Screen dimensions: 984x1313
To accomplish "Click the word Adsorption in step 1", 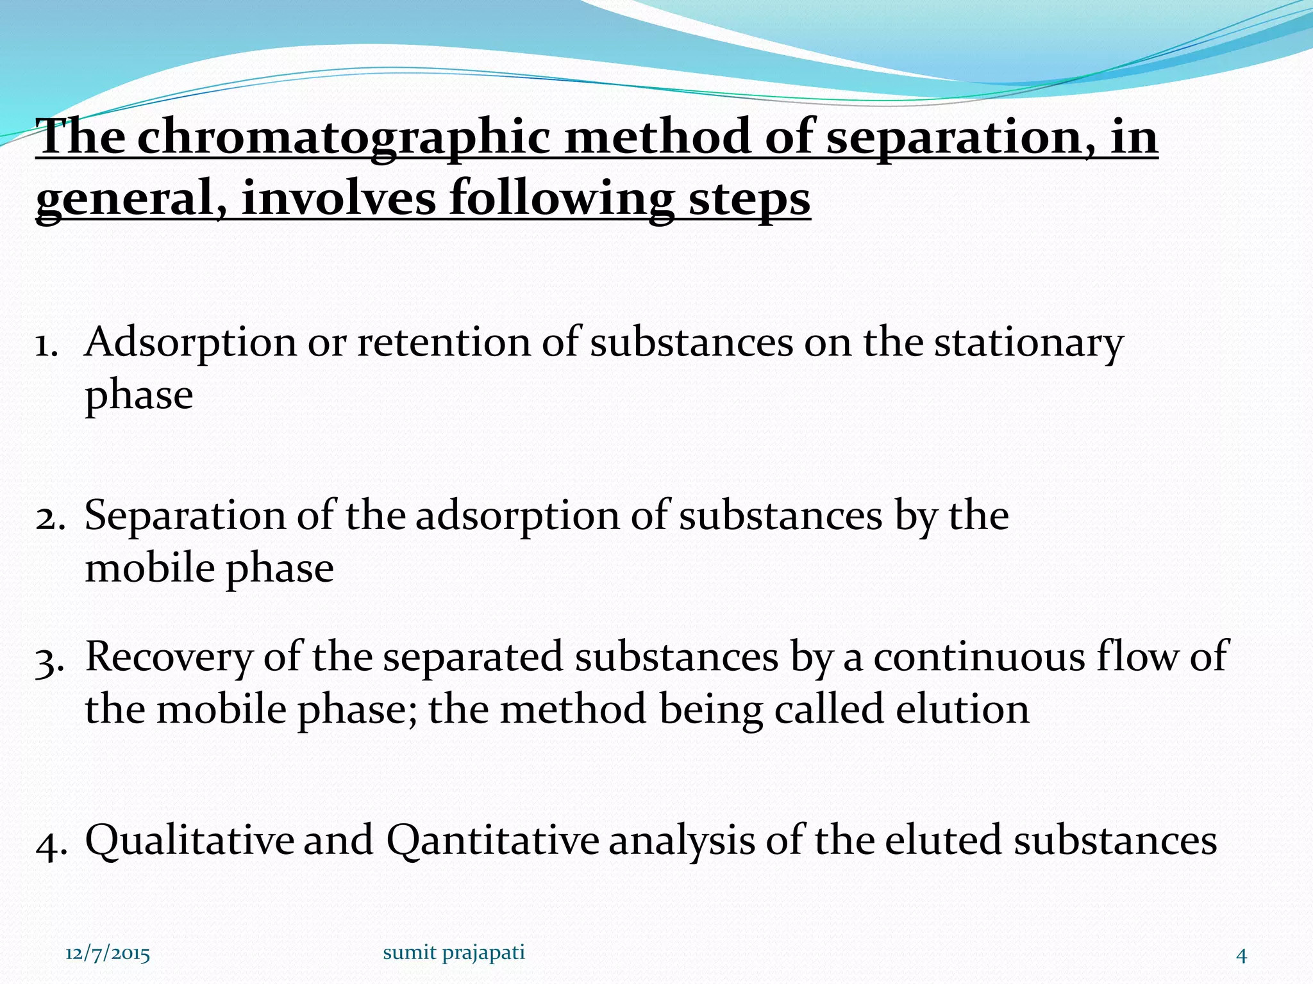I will point(190,343).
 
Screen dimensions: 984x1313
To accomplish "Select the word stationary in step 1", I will point(1028,343).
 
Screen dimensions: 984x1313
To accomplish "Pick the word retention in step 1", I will point(442,343).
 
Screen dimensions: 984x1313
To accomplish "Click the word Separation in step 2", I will point(185,516).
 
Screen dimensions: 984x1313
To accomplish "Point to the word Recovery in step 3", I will point(169,658).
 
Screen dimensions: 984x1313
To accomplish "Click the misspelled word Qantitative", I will point(492,840).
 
